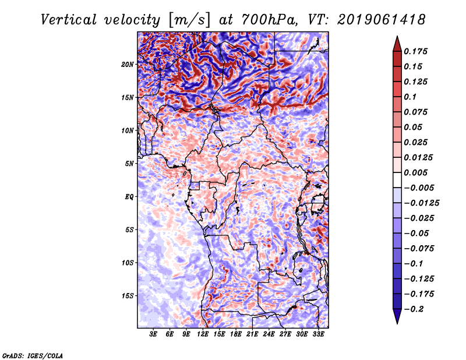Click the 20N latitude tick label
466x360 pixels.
[128, 64]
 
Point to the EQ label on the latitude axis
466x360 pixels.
[129, 196]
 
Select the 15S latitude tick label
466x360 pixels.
[128, 295]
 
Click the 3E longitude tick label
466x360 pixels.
[154, 335]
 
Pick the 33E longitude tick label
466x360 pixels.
[318, 335]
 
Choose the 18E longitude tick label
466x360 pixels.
[236, 335]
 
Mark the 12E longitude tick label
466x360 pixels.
[203, 335]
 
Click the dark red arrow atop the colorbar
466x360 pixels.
[396, 42]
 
